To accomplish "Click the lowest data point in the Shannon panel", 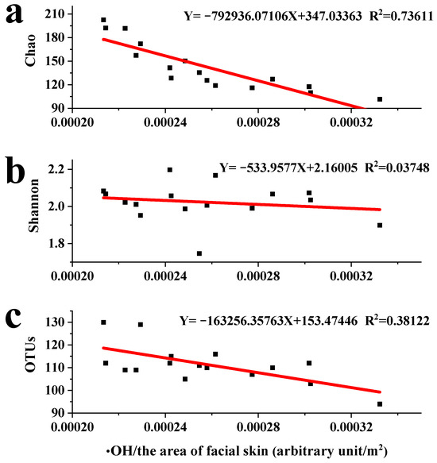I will point(199,253).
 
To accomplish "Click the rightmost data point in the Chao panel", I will point(380,99).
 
